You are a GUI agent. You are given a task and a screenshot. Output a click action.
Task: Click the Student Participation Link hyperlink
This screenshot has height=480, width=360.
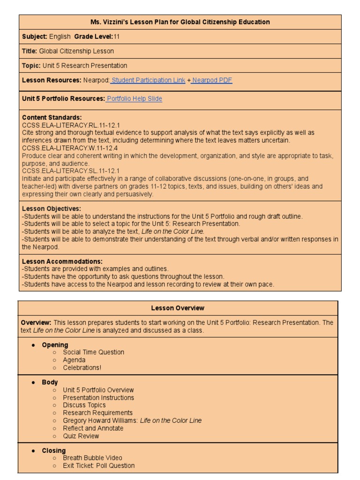pos(148,80)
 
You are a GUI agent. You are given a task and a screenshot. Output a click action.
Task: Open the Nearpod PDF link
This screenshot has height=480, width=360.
pos(212,80)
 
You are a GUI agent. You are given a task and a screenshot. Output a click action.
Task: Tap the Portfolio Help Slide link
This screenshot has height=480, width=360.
pos(135,99)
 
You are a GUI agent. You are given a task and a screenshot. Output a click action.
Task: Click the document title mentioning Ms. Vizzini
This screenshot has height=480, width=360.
pos(180,22)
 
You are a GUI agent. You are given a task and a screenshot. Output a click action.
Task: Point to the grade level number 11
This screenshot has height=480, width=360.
pos(117,37)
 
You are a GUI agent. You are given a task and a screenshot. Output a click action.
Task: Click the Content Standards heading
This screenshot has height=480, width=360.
pos(52,117)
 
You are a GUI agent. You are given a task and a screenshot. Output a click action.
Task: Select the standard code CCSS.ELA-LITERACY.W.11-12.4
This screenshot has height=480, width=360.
pos(70,148)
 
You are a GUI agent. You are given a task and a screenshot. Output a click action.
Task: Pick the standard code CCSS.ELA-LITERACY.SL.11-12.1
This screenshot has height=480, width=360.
pos(71,171)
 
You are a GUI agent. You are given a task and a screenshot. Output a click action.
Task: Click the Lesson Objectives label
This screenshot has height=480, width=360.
pos(52,208)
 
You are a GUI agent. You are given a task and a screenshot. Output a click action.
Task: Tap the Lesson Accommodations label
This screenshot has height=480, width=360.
pos(62,261)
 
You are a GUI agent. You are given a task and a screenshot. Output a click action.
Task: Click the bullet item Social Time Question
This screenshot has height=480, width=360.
pos(94,352)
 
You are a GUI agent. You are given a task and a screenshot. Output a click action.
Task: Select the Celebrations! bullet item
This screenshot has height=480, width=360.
pos(82,367)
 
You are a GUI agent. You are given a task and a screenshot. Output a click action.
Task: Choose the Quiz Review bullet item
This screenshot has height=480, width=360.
pos(81,436)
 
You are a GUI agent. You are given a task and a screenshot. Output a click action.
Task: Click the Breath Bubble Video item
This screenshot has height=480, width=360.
pos(92,458)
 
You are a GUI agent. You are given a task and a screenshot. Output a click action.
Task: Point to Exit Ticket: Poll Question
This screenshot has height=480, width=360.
pos(99,465)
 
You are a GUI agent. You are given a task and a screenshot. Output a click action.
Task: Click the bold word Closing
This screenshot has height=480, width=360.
pos(54,450)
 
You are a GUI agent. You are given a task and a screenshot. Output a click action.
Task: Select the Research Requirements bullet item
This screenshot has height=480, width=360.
pos(98,413)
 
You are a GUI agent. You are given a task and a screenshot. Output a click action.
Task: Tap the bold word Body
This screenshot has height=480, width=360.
pos(50,382)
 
